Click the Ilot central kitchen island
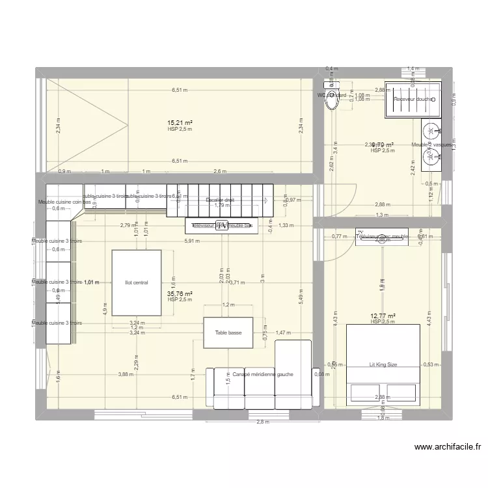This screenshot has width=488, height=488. point(137,283)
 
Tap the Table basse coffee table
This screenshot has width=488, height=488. point(227,333)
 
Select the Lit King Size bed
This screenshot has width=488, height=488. point(383,365)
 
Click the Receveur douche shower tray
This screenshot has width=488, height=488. point(413,99)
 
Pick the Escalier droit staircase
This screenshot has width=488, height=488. point(219,200)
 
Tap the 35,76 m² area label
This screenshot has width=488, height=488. point(179,293)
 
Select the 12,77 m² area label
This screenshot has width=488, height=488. point(383,316)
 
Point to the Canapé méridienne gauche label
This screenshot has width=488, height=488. point(263,374)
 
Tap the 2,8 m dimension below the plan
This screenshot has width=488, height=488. point(262,422)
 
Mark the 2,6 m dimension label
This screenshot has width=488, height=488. point(219,172)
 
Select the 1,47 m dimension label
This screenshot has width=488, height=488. point(284,333)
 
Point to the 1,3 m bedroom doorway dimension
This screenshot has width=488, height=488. point(382,215)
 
